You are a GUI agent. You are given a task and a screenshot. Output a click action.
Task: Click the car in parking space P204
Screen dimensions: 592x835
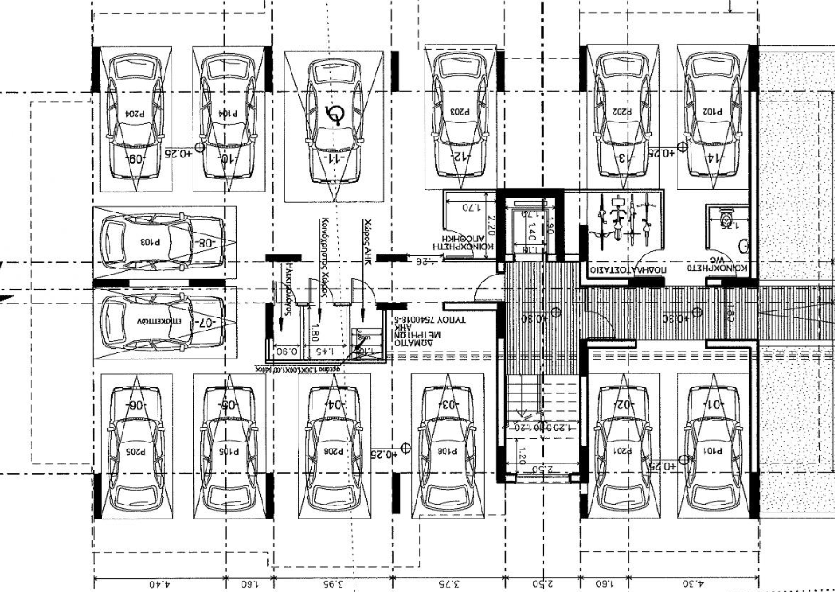tap(136, 117)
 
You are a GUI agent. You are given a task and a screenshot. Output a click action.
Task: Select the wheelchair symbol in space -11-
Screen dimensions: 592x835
tap(333, 114)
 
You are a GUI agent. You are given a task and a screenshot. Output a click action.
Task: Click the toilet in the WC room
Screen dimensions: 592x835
tap(726, 218)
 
